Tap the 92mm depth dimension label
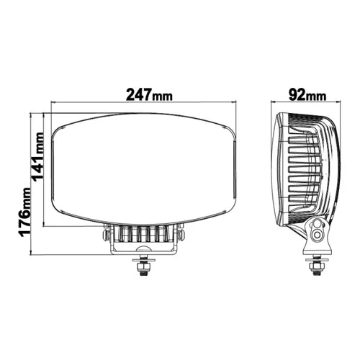[x=305, y=94]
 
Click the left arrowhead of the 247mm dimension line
[x=52, y=105]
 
